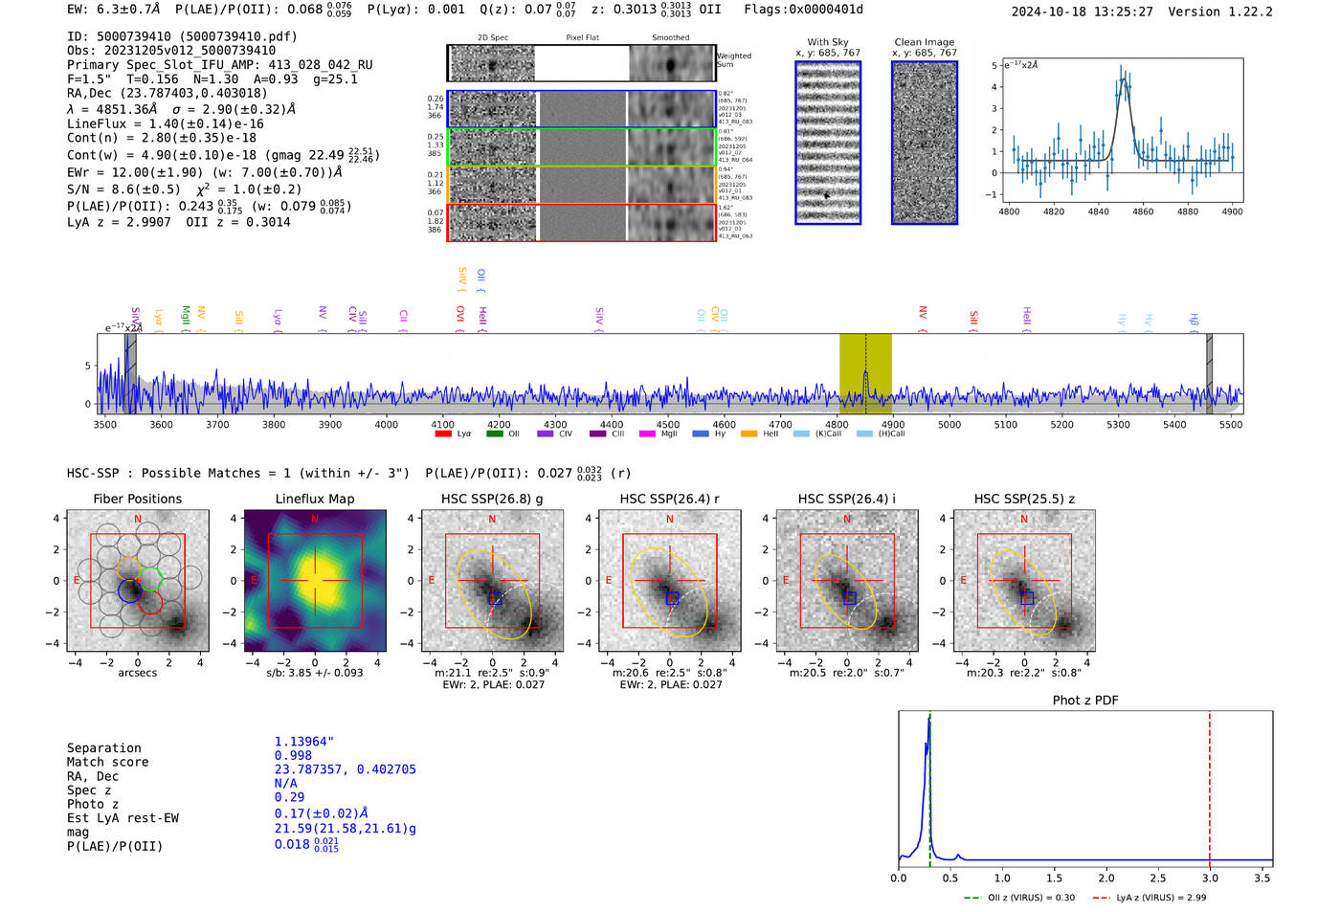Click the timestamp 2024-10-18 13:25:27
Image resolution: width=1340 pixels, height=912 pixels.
(1082, 11)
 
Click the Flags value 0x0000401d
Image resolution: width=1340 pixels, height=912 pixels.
(829, 10)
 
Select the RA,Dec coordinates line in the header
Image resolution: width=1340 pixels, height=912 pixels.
(167, 93)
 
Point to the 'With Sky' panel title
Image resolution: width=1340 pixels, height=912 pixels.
(828, 42)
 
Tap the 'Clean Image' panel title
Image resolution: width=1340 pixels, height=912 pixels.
(924, 42)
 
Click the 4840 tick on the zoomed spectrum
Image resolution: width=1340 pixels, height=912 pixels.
(1098, 211)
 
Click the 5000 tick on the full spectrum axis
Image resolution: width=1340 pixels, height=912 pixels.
(949, 424)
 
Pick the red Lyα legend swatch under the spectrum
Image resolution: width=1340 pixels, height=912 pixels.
(443, 434)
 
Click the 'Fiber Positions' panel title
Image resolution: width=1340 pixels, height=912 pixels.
(137, 499)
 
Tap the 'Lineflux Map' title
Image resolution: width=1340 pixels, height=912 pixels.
(315, 499)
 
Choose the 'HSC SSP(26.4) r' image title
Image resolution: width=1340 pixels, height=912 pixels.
(669, 499)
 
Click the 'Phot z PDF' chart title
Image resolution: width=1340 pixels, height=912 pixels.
(1085, 700)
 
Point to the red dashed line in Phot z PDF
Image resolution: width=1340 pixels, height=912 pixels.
(1210, 785)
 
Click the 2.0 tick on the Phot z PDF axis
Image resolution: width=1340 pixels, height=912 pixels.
(1105, 878)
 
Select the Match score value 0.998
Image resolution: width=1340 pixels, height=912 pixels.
(293, 756)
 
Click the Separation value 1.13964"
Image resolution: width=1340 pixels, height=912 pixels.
(304, 742)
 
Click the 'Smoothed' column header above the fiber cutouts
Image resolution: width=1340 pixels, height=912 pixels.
(670, 38)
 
